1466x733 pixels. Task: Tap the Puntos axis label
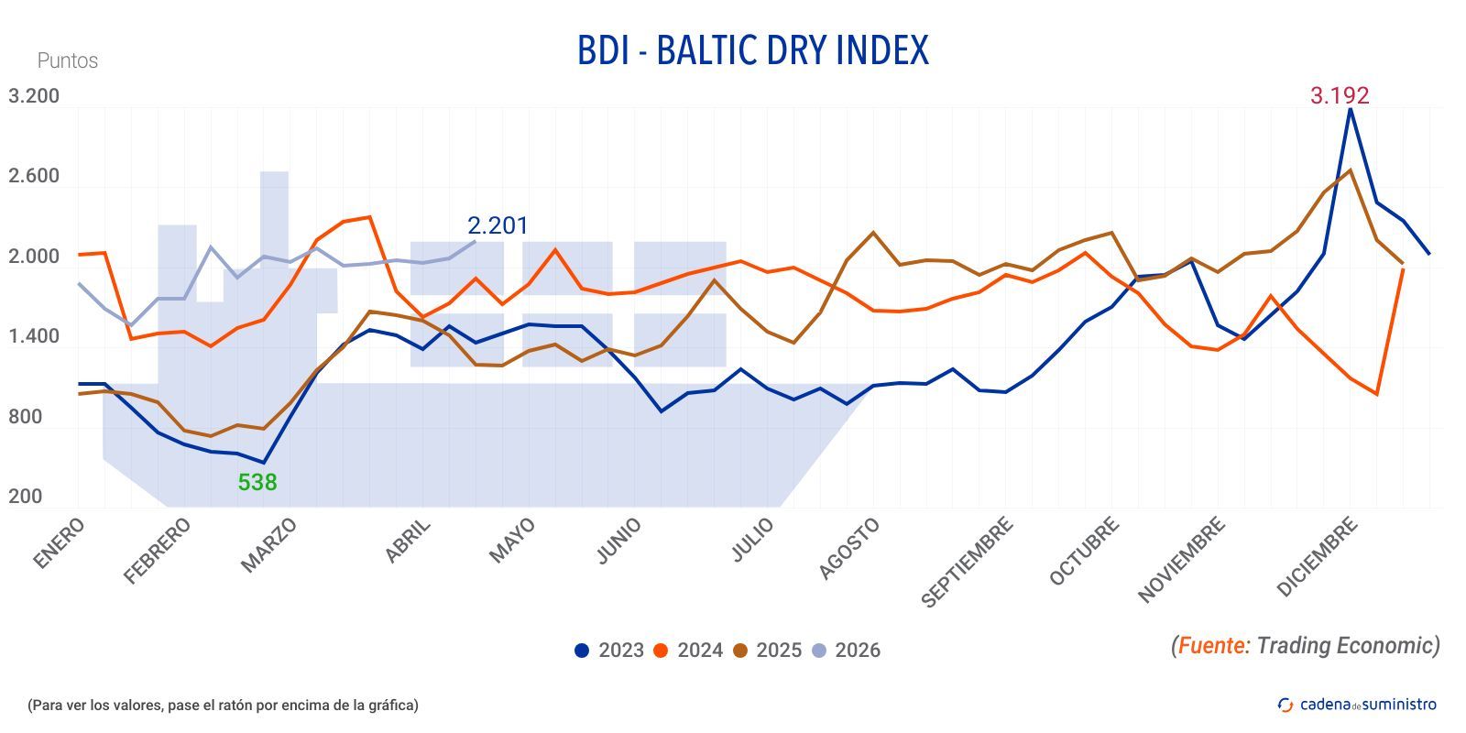point(67,60)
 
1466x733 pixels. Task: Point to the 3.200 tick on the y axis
point(34,96)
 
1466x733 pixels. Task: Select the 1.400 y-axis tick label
point(34,336)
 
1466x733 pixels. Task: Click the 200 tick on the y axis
point(26,497)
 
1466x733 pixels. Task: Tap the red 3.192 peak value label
point(1340,95)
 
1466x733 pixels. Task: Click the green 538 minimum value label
point(257,482)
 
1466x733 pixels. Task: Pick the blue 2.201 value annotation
point(498,225)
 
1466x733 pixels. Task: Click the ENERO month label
point(60,542)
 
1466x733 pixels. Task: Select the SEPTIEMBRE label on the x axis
point(967,562)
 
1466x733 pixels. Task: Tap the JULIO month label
point(753,540)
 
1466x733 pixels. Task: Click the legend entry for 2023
point(609,651)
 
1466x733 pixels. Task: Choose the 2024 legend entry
point(688,651)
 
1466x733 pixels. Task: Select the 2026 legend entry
point(846,651)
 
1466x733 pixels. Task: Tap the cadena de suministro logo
point(1358,705)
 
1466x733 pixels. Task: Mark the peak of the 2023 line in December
point(1350,110)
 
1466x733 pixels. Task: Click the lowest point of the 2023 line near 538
point(264,463)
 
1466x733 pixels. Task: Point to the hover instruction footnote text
point(223,705)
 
